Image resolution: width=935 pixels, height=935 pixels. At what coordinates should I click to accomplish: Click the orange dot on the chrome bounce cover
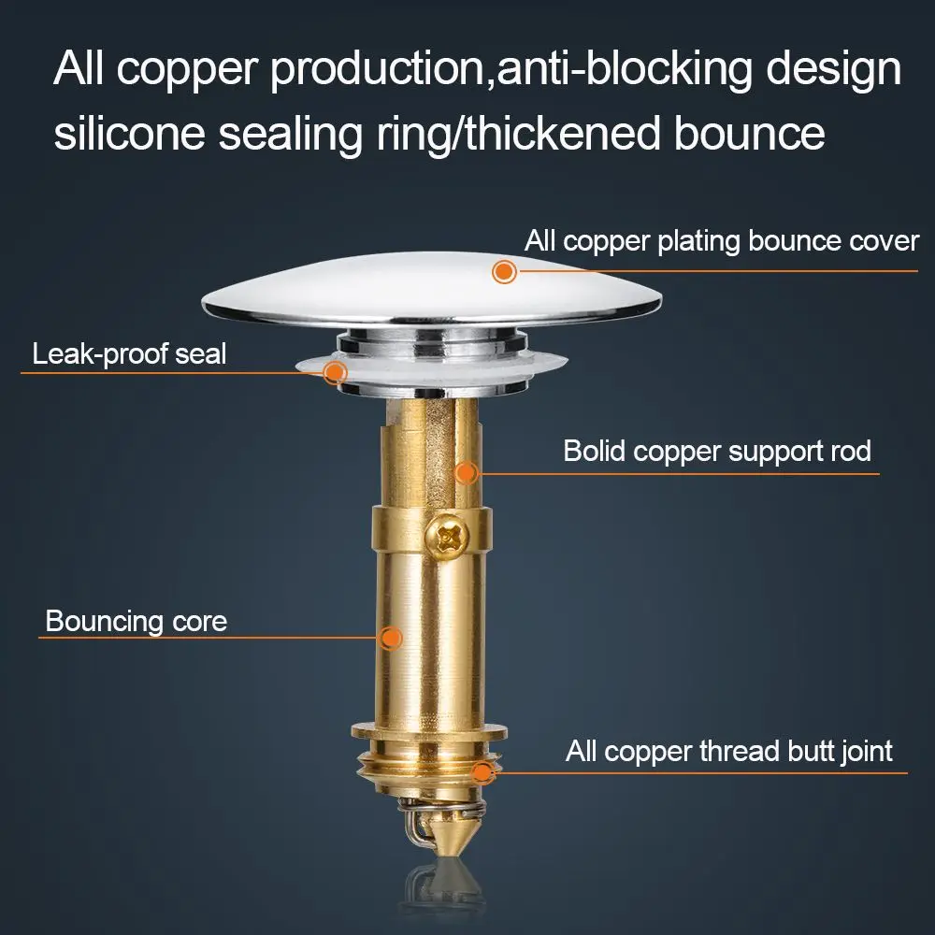(504, 272)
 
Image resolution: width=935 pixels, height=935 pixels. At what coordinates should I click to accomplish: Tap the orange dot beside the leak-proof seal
(335, 373)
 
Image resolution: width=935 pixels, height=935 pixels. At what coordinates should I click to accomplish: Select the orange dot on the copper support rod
(467, 473)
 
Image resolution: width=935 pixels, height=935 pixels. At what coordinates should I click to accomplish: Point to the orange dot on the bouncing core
(391, 638)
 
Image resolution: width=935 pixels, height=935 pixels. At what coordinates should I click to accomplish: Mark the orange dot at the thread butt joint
(482, 773)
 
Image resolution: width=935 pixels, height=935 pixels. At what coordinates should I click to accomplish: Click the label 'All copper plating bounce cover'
(722, 242)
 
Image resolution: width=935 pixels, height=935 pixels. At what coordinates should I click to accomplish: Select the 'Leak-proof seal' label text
(129, 354)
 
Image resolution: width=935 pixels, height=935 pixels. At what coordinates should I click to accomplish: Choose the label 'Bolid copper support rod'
(717, 452)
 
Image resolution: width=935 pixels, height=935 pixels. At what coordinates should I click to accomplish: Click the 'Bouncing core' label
(137, 622)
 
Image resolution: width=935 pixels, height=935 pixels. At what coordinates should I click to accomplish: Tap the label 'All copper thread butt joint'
(728, 752)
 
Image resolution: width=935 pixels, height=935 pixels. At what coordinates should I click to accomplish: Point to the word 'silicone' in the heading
(130, 133)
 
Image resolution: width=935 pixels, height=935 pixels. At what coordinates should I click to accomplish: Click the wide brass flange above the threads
(429, 731)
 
